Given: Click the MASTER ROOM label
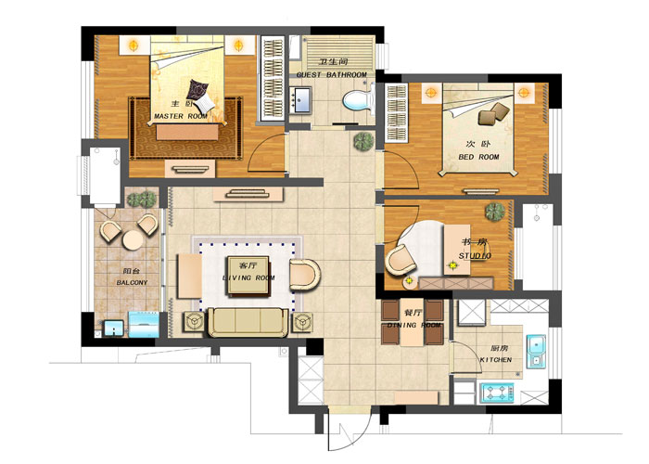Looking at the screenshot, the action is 181,116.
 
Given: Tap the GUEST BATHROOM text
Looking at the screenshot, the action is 332,74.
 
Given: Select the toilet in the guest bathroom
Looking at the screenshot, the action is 358,100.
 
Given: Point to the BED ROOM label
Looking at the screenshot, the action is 478,157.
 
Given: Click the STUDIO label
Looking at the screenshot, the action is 475,255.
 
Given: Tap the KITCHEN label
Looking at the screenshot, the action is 496,360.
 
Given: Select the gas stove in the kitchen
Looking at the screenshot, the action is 497,393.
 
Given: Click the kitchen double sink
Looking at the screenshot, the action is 536,352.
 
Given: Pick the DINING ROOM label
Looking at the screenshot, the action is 414,325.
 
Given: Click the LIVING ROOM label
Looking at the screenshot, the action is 248,277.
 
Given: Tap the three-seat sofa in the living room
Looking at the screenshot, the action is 248,323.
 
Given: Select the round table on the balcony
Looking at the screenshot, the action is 133,240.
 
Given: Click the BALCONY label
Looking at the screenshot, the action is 132,282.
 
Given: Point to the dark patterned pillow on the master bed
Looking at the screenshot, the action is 197,89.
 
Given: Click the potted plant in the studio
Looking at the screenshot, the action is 495,212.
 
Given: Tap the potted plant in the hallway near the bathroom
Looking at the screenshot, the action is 363,142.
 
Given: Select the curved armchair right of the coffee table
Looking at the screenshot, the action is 305,275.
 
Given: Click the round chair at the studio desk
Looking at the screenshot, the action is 401,259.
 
